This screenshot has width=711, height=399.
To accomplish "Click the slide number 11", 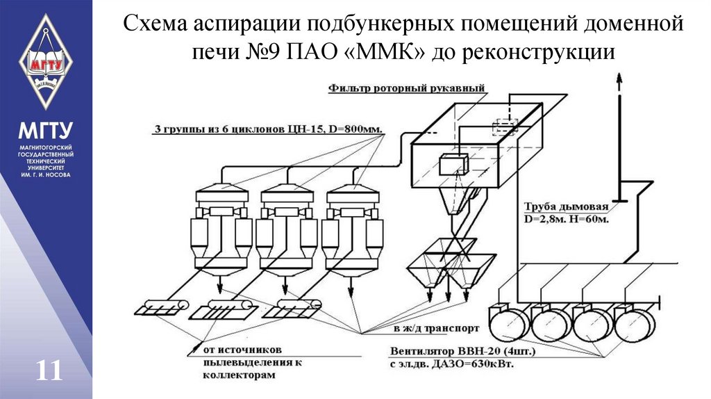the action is point(49,371).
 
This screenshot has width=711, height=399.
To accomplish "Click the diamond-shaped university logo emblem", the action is point(45,62).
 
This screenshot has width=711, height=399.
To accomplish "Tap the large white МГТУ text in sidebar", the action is point(45,131).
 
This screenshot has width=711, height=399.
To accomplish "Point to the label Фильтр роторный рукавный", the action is point(406,88).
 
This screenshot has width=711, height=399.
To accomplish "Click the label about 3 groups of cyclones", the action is point(268,129).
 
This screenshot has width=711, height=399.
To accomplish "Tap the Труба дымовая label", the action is point(566,207).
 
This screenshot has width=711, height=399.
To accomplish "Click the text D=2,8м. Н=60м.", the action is point(567,219).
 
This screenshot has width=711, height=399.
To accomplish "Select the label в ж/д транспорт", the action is point(436,327).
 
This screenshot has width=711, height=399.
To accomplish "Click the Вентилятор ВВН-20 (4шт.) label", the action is point(462,351).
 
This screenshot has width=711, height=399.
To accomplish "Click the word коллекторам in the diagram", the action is point(239,375).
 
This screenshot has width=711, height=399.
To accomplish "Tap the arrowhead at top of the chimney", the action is point(619,77).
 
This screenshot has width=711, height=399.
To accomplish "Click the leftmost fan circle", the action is point(508,323).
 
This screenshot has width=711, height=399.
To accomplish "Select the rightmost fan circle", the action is point(635,323).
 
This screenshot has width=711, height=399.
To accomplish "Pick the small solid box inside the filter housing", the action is point(454,164).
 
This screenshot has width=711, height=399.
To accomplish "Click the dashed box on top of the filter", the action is point(505,127).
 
